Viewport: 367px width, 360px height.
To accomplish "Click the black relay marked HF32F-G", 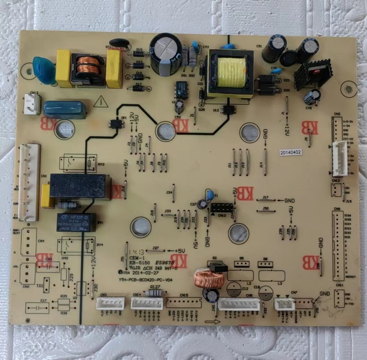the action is coord(76,222).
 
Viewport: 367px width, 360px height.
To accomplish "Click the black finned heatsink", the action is coord(313,74).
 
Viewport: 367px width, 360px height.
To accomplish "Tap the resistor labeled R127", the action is coord(154,293).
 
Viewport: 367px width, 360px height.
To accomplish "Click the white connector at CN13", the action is coord(33,104).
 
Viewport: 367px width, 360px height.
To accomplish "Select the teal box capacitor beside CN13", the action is coord(65,110).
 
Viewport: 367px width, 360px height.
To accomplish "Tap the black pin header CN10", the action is coord(223,208).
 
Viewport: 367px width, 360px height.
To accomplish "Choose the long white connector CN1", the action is coord(29,183).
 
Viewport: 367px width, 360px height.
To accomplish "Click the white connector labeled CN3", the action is coord(110,303).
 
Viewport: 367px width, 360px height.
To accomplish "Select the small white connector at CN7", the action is coord(284,304).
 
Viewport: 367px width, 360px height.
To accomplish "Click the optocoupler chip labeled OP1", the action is coord(116,124).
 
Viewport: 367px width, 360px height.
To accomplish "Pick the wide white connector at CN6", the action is coord(239,304).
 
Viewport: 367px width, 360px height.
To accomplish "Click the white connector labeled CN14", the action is coord(147,304).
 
